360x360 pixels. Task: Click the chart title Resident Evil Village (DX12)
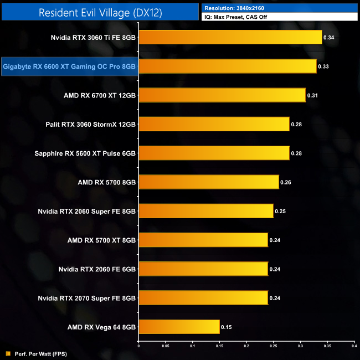tap(100, 12)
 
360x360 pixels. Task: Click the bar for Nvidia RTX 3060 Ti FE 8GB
tap(230, 38)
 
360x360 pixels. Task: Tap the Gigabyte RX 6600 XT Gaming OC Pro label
tap(69, 66)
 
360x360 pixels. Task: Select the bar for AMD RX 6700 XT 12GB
tap(222, 95)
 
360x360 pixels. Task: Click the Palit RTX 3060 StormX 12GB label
tap(91, 124)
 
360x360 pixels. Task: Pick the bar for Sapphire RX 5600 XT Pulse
tap(214, 153)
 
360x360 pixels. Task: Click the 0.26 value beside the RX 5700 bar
tap(286, 182)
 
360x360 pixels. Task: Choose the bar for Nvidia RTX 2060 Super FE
tap(205, 211)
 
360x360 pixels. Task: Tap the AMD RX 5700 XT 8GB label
tap(101, 240)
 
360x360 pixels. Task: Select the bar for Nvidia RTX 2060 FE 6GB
tap(203, 269)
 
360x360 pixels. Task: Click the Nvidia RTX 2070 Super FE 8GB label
tap(86, 298)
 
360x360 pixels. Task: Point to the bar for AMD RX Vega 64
tap(179, 327)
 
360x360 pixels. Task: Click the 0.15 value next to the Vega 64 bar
tap(227, 327)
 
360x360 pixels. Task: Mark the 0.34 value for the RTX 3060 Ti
tap(329, 38)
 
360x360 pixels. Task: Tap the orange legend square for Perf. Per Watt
tap(8, 353)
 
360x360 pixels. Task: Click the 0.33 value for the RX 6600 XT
tap(323, 66)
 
